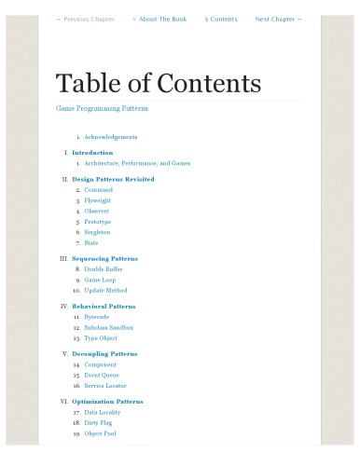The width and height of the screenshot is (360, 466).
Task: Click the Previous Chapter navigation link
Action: tap(85, 20)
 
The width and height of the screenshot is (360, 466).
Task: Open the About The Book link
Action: tap(159, 20)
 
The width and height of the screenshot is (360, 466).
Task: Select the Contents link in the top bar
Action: tap(221, 20)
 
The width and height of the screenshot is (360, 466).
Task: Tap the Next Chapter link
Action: tap(278, 20)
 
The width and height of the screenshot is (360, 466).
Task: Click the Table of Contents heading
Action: tap(159, 83)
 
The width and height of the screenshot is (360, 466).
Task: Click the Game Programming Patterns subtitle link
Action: tap(102, 108)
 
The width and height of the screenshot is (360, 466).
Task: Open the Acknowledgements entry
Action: tap(110, 137)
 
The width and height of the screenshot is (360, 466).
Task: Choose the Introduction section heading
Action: tap(92, 152)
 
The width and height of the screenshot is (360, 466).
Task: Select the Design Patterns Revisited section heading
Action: tap(113, 179)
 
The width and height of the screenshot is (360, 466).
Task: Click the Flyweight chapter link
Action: tap(97, 200)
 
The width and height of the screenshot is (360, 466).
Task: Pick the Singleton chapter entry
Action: tap(97, 232)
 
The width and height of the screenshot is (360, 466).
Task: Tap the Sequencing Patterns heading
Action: tap(104, 258)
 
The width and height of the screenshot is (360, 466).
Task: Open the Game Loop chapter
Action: tap(99, 280)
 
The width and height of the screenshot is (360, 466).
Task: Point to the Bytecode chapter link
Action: tap(96, 317)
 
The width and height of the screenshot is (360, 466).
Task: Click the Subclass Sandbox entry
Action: tap(108, 328)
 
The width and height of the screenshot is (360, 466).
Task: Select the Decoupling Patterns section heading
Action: tap(104, 354)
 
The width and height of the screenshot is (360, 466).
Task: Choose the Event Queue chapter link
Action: tap(102, 375)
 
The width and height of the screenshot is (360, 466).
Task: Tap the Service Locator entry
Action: tap(105, 386)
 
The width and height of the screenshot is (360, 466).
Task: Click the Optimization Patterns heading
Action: tap(107, 402)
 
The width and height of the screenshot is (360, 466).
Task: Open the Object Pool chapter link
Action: tap(100, 433)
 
